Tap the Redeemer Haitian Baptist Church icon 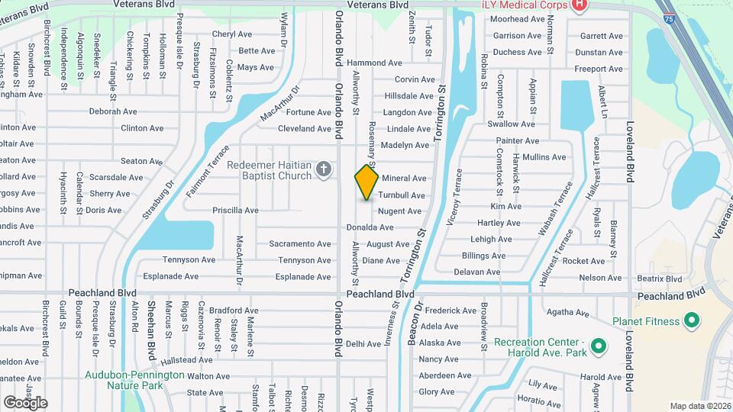(323, 169)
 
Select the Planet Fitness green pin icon (692, 321)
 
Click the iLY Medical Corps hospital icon (580, 5)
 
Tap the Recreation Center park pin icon (599, 346)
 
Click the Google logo (25, 402)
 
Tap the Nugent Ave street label (399, 211)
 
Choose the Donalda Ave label (370, 227)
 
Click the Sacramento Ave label (300, 244)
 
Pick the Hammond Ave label (368, 63)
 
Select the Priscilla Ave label (235, 210)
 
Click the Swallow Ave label (511, 124)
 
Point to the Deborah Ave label (113, 111)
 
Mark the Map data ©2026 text (699, 406)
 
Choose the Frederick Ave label (451, 311)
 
